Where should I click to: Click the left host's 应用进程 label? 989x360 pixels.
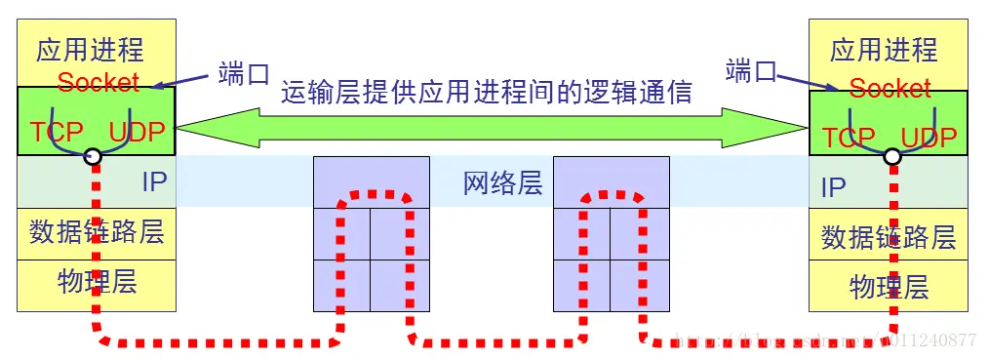click(x=90, y=50)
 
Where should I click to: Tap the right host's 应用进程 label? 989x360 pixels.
click(x=884, y=50)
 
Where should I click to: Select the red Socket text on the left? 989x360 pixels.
click(x=98, y=83)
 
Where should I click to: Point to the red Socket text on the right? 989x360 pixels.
click(x=890, y=89)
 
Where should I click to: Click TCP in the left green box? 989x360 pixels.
click(x=57, y=133)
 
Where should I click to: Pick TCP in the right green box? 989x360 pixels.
click(x=849, y=138)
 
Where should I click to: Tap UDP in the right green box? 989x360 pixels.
click(x=929, y=138)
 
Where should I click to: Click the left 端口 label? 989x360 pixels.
click(x=244, y=73)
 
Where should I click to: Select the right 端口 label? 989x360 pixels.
click(x=751, y=70)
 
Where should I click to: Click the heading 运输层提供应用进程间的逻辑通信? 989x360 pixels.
click(x=487, y=93)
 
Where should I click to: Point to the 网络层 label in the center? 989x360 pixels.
click(x=502, y=182)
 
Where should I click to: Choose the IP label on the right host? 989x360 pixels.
click(x=833, y=187)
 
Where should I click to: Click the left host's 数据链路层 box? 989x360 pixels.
click(x=97, y=232)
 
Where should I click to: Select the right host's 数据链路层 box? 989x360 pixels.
click(x=889, y=236)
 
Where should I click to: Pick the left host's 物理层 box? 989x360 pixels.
click(x=97, y=282)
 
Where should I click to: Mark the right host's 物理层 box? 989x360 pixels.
click(x=889, y=287)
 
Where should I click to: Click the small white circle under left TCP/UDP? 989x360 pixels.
click(x=93, y=156)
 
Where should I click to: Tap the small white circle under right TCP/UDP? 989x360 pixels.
click(x=890, y=156)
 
